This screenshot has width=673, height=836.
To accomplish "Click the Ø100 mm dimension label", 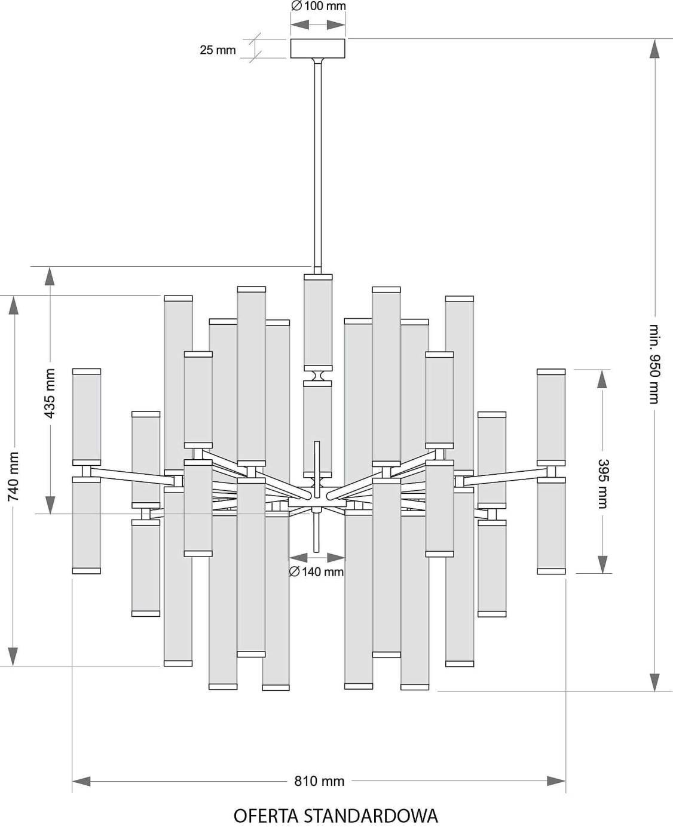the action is pyautogui.click(x=318, y=7).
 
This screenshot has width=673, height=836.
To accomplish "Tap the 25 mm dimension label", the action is pyautogui.click(x=218, y=50).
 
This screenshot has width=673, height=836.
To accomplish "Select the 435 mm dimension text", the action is pyautogui.click(x=50, y=393).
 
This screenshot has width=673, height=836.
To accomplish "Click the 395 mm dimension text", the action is pyautogui.click(x=602, y=484).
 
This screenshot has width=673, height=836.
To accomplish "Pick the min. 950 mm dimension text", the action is pyautogui.click(x=654, y=364).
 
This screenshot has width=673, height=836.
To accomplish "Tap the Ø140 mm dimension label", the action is pyautogui.click(x=317, y=572).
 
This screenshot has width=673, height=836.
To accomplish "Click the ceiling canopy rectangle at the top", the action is pyautogui.click(x=318, y=48).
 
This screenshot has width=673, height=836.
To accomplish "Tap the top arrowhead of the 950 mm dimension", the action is pyautogui.click(x=654, y=49).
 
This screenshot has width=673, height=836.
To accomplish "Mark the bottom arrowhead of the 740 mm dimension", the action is pyautogui.click(x=14, y=656).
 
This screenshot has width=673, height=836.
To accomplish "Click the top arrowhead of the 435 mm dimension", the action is pyautogui.click(x=50, y=276).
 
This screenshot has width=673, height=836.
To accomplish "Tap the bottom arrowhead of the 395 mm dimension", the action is pyautogui.click(x=602, y=564).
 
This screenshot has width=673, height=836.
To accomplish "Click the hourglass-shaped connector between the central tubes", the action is pyautogui.click(x=318, y=376).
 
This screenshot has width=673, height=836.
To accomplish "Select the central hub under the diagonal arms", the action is pyautogui.click(x=317, y=503).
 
